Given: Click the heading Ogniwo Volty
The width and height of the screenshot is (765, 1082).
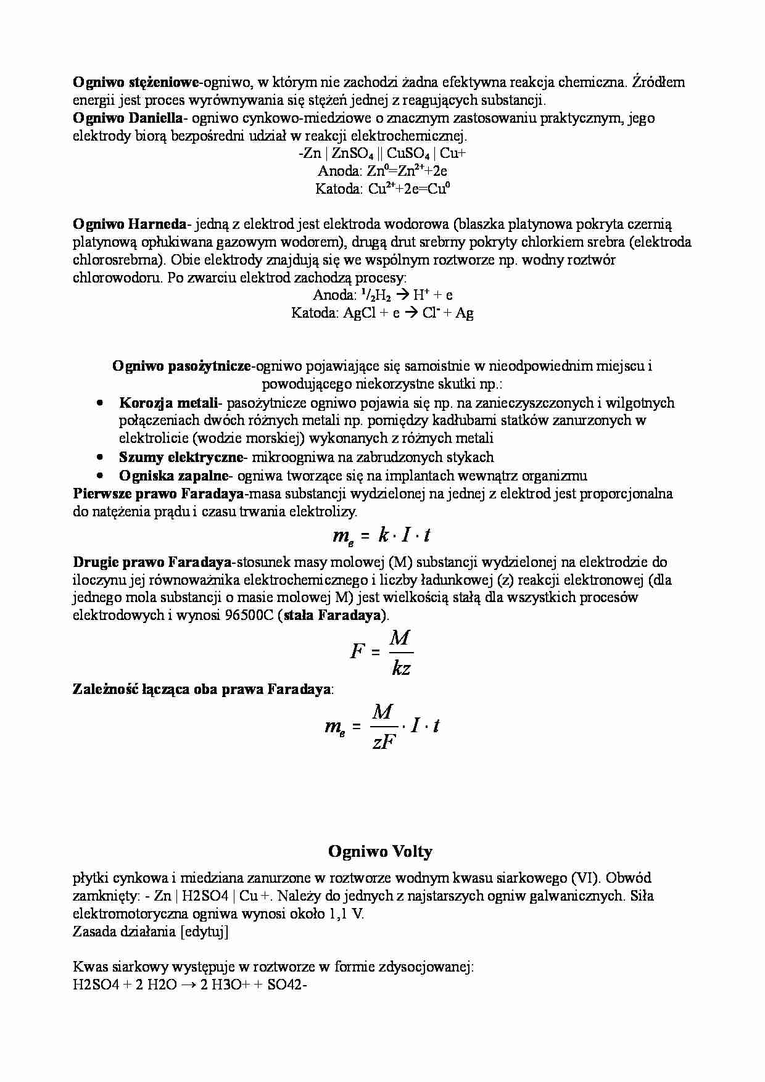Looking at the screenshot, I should coord(380,852).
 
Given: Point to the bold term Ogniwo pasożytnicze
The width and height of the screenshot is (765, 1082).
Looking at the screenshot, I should coord(181,366).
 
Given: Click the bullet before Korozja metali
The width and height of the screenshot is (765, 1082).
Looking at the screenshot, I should coord(100,403).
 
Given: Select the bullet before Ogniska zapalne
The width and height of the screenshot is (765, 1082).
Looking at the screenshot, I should coord(100,476).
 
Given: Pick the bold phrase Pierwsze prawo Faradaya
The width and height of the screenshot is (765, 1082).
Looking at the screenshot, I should coord(158,494).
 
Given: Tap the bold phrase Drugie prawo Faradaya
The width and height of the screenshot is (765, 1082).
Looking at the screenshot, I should coord(152,562).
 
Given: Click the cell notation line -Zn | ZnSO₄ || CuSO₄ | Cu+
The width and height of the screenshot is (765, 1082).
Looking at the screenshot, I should coord(382,154).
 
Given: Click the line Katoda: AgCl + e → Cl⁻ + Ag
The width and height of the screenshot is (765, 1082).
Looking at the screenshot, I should coord(382,313).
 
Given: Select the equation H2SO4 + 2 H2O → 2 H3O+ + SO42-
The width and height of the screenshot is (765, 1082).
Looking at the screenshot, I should coord(189,985).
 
